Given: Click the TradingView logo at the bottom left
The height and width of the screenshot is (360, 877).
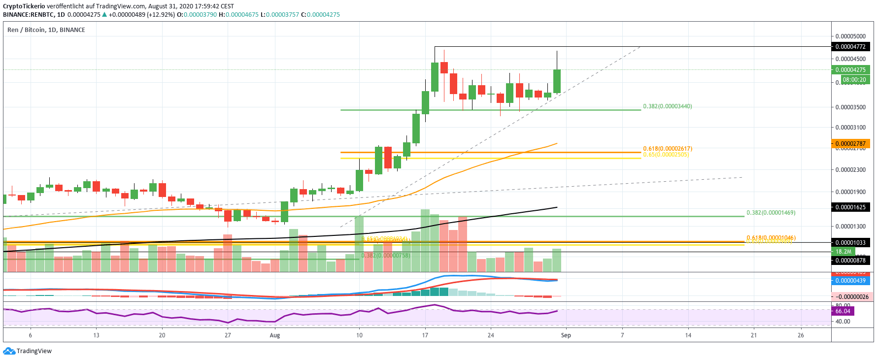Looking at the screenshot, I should pos(27,351).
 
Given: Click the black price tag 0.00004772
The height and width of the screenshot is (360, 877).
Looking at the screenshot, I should pos(850,47).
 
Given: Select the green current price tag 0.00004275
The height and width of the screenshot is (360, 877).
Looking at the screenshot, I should pos(850,70).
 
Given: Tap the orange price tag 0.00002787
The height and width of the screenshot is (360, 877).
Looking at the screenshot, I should pos(850,144).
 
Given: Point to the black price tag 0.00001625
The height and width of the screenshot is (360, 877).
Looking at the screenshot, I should pos(850,207).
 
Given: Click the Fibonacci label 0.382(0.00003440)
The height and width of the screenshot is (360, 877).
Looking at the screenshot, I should pos(667,106).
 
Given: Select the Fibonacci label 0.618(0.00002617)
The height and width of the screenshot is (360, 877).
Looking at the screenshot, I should pos(667,149).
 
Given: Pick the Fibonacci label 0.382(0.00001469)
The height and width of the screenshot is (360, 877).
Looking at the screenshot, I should pos(771,213).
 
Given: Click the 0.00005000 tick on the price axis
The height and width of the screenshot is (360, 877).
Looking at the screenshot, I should pos(850,36).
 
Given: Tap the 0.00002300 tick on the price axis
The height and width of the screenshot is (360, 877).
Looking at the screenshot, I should pos(850,170).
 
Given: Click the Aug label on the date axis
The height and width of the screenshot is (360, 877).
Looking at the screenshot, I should pos(275,335).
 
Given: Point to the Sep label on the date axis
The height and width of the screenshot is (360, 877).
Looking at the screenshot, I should pos(566,335).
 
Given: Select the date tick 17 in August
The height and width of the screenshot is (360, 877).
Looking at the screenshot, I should pos(425,335).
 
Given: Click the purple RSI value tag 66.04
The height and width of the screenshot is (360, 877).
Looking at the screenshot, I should pos(843,311).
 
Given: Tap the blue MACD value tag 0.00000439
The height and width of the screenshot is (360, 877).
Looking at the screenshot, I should pos(850,281).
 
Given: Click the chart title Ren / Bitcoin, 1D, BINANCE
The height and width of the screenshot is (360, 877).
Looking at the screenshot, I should pos(46,30).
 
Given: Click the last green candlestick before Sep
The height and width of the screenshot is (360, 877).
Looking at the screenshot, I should pos(557,81).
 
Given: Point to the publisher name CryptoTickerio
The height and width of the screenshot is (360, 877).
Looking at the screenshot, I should pos(24,6).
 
